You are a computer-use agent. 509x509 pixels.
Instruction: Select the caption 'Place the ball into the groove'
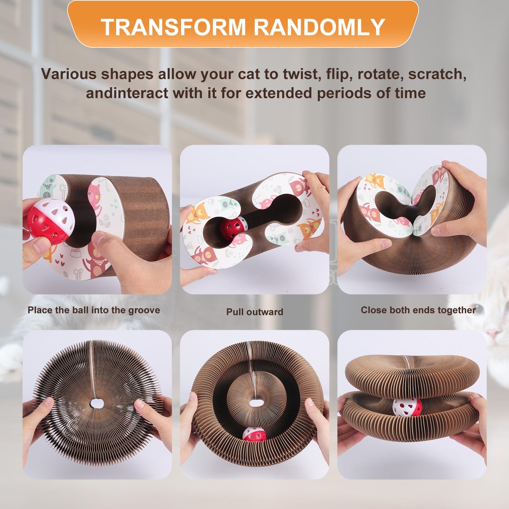[94, 310]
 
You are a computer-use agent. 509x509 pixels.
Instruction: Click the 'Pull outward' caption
[254, 312]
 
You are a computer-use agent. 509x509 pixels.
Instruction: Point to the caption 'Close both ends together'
[418, 310]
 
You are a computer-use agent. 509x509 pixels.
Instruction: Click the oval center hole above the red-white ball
[254, 402]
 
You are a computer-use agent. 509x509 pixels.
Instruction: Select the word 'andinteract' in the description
[127, 93]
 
